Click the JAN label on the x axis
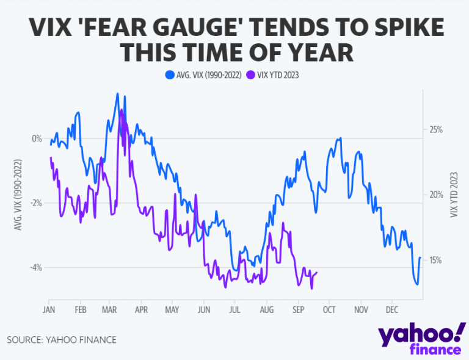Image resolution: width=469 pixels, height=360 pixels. click(x=49, y=309)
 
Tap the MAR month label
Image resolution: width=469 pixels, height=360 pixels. click(x=110, y=309)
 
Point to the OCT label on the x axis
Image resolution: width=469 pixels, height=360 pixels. click(x=329, y=309)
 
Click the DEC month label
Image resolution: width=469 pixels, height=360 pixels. click(x=391, y=309)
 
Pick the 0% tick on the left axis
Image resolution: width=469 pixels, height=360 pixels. click(x=37, y=139)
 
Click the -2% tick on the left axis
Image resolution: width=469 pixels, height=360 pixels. click(x=35, y=203)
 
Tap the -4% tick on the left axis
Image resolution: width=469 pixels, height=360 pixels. click(x=35, y=267)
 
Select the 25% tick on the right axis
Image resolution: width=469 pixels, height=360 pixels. click(x=435, y=130)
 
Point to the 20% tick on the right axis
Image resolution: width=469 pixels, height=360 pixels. click(x=435, y=195)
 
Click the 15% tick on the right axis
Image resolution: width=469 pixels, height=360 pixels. click(x=435, y=260)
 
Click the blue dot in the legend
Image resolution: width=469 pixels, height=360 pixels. click(x=169, y=75)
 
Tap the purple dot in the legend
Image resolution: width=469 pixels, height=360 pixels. click(x=252, y=75)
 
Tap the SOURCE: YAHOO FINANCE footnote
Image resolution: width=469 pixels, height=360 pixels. click(x=62, y=339)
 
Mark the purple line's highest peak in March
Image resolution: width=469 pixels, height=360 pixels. click(x=121, y=110)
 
